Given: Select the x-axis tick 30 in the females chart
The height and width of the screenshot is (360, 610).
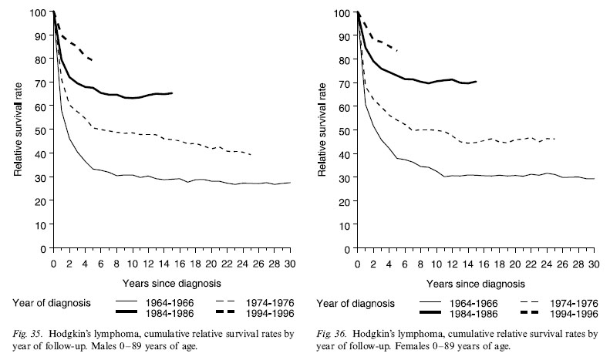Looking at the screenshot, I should pyautogui.click(x=594, y=264).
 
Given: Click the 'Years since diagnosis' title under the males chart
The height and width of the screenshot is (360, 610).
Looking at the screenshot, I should pyautogui.click(x=171, y=282).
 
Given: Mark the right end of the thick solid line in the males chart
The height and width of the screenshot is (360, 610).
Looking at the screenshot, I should pyautogui.click(x=172, y=93).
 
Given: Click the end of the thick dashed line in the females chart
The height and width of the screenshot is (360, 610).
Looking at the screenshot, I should pyautogui.click(x=397, y=50).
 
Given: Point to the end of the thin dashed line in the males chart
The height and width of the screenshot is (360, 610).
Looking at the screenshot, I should pyautogui.click(x=251, y=155).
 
